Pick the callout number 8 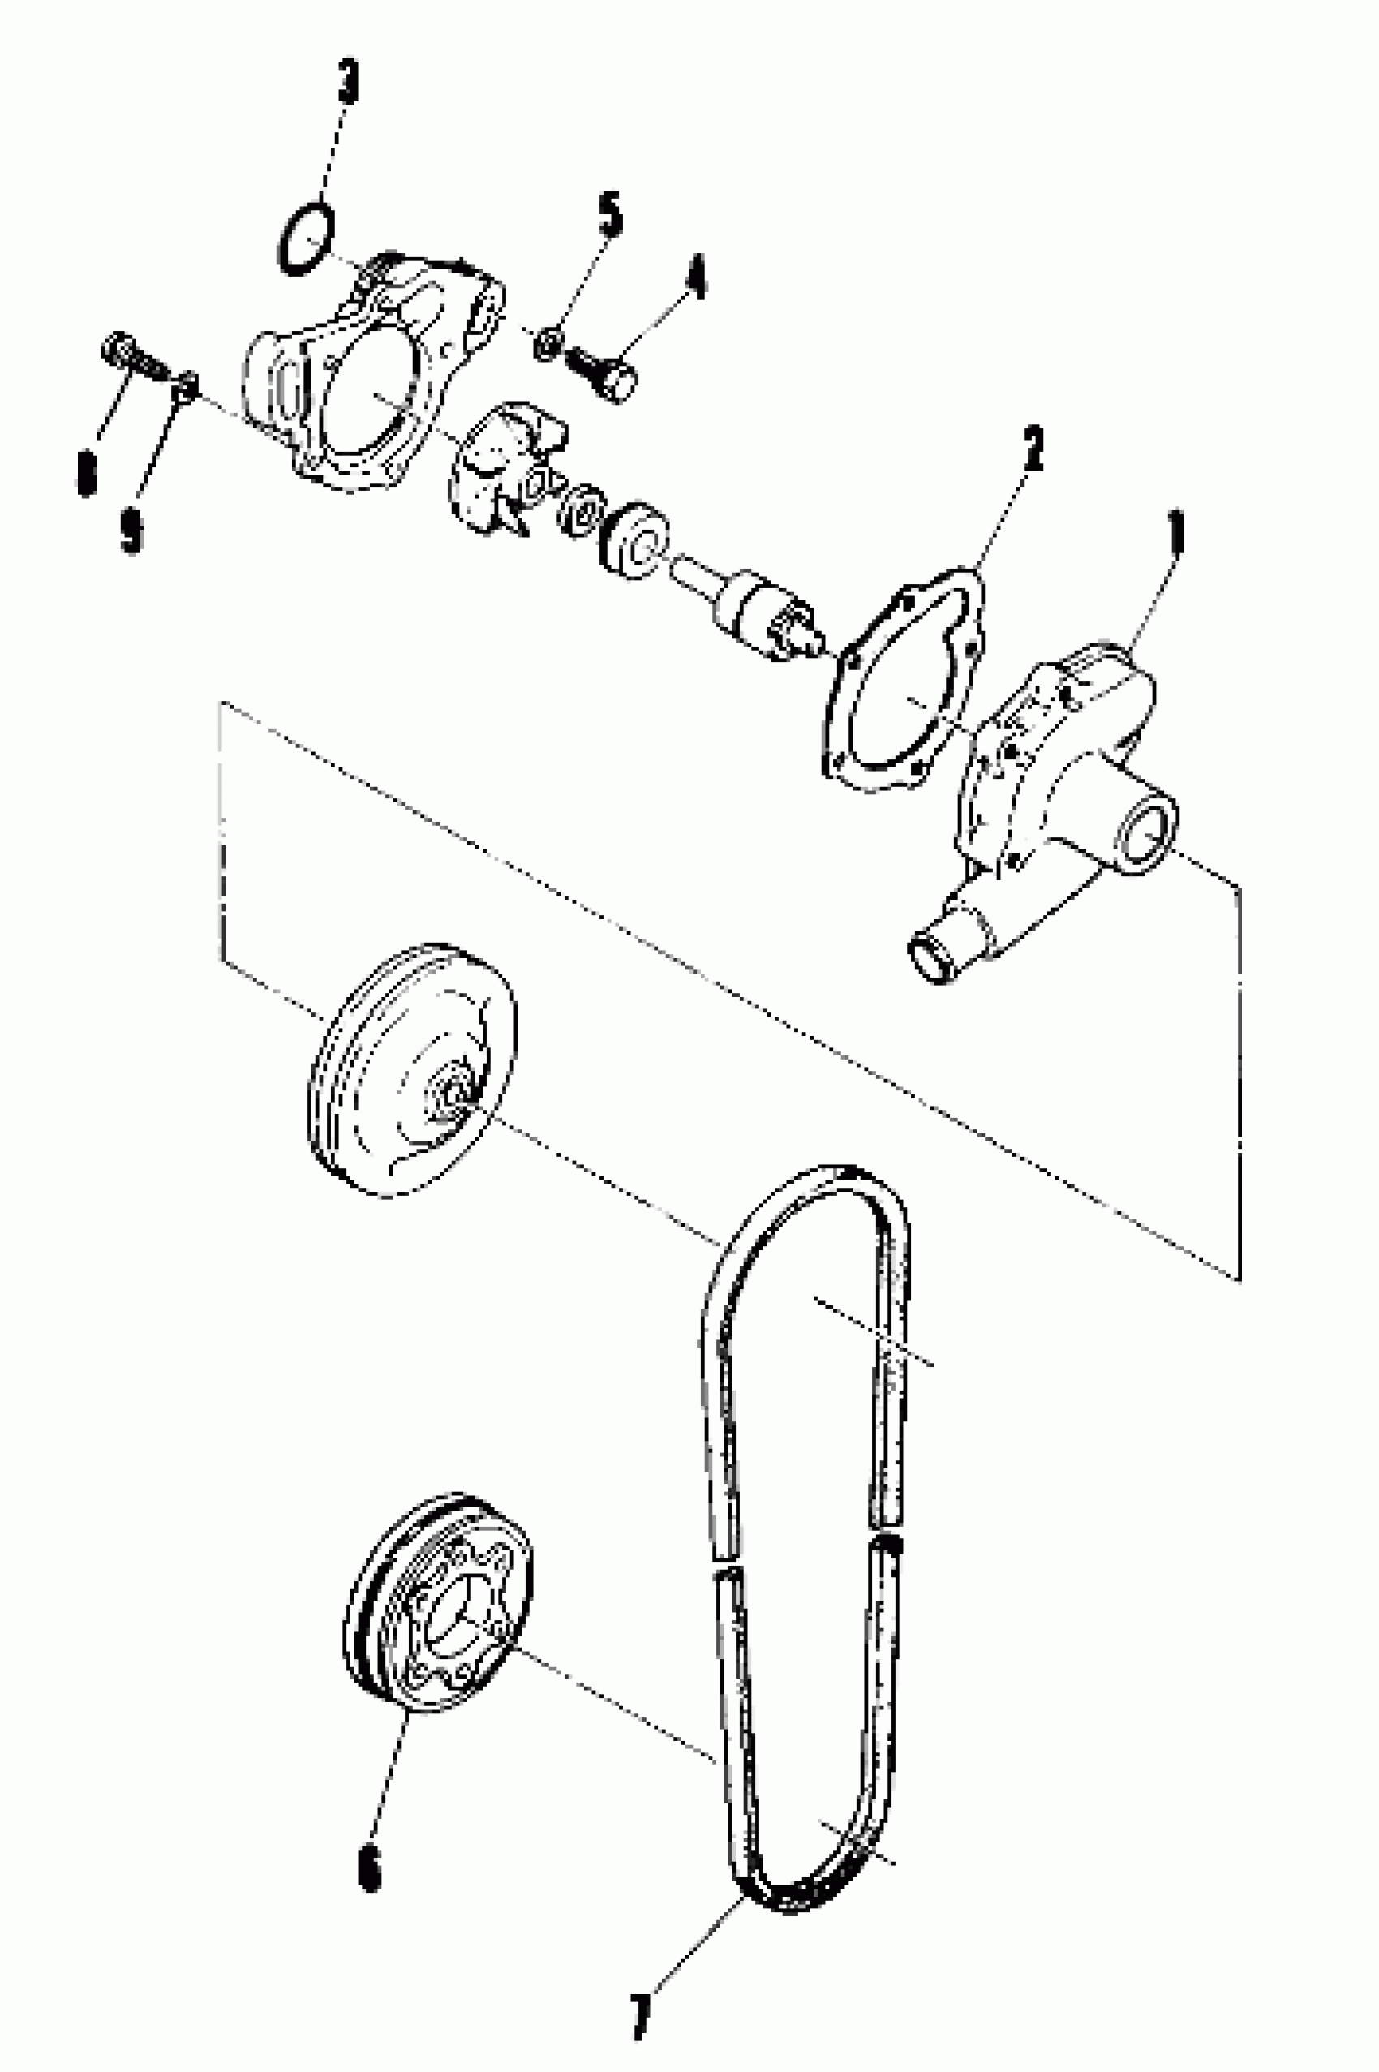pos(87,472)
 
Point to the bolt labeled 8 pos(132,356)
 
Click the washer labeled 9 pos(187,385)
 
